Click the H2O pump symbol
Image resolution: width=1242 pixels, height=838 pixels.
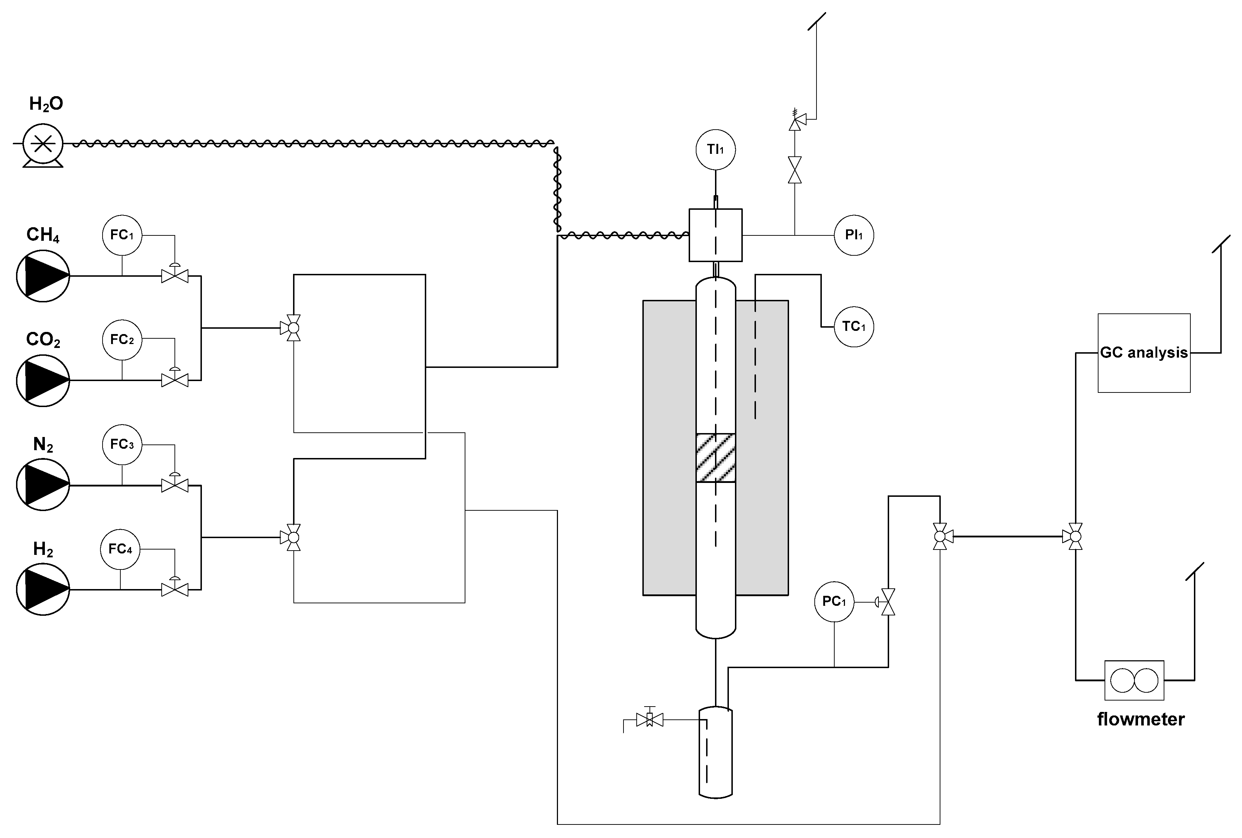coord(43,144)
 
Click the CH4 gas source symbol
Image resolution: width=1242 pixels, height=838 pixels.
coord(43,276)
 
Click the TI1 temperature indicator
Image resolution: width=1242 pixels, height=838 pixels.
coord(715,150)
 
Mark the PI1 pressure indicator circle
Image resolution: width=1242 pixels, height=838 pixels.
coord(854,235)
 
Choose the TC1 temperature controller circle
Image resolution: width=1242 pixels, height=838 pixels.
coord(854,327)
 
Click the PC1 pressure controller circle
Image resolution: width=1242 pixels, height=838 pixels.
coord(834,602)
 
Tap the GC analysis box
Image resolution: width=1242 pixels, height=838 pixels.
coord(1144,353)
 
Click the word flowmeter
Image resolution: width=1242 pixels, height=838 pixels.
coord(1141,719)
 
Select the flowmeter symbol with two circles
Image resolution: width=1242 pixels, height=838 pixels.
coord(1134,680)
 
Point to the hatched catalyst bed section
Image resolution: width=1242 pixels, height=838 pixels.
coord(715,458)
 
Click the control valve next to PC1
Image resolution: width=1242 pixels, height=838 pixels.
coord(888,602)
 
